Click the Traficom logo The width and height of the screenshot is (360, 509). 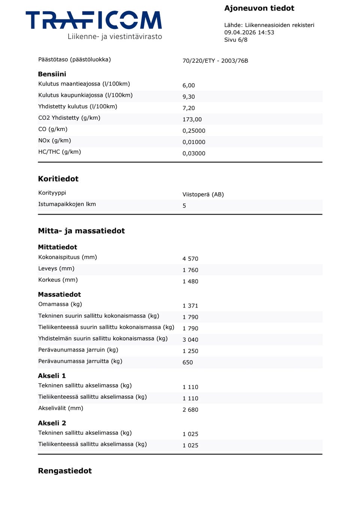click(x=94, y=25)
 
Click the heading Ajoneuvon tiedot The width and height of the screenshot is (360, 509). click(x=259, y=8)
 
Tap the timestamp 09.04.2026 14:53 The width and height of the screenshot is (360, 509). click(x=249, y=32)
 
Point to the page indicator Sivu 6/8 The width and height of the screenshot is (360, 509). click(x=235, y=40)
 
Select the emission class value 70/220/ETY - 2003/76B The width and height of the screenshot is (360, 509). click(x=215, y=61)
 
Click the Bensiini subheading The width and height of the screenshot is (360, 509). click(x=52, y=74)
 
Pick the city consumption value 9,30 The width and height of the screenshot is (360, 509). click(x=189, y=97)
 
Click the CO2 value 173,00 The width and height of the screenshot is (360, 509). click(x=192, y=119)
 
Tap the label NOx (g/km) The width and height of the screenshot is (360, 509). click(x=54, y=140)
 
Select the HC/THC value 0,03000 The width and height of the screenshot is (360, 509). click(x=194, y=153)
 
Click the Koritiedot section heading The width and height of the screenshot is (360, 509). click(x=58, y=179)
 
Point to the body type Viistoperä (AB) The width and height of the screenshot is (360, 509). click(x=203, y=194)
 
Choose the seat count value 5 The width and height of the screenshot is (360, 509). click(x=184, y=206)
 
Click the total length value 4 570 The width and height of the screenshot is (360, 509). click(x=190, y=259)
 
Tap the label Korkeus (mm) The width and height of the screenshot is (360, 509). click(x=58, y=280)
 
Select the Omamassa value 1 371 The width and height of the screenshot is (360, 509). click(x=190, y=306)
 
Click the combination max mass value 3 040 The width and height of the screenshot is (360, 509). click(x=190, y=340)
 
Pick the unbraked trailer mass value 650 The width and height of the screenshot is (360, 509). click(x=187, y=362)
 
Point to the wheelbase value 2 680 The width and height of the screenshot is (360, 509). click(x=190, y=410)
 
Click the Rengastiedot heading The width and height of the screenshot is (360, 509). click(x=64, y=471)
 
